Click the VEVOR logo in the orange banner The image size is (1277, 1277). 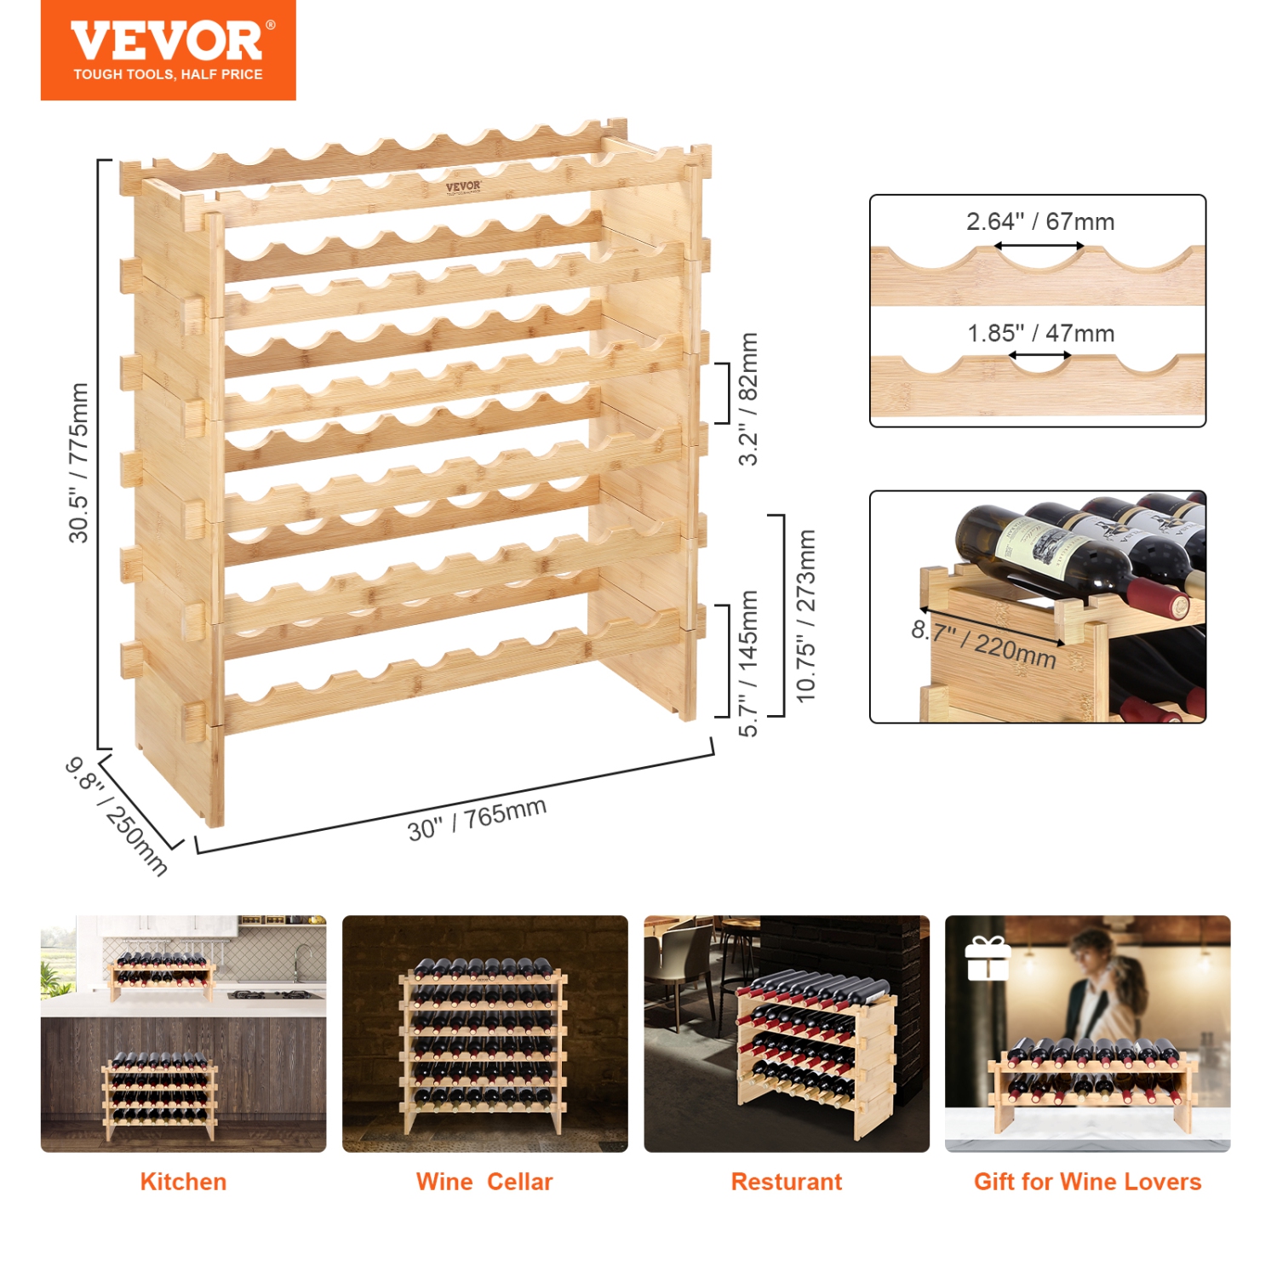168,41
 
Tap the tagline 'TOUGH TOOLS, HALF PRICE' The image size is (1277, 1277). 168,75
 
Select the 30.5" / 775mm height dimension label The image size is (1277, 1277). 78,462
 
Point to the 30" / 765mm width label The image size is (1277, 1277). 477,819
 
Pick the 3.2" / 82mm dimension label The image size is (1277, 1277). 747,398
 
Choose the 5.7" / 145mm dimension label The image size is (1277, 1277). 747,663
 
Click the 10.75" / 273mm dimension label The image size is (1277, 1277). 805,616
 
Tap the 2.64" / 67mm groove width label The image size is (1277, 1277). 1039,222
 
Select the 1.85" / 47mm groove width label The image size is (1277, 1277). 1040,334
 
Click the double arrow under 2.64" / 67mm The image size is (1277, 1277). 1039,246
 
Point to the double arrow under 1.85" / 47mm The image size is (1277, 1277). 1039,356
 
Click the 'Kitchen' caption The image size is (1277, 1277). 183,1182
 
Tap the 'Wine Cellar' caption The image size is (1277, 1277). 484,1182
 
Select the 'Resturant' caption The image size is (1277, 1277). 786,1182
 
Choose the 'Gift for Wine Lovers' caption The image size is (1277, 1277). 1087,1182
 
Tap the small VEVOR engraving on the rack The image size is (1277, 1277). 463,187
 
